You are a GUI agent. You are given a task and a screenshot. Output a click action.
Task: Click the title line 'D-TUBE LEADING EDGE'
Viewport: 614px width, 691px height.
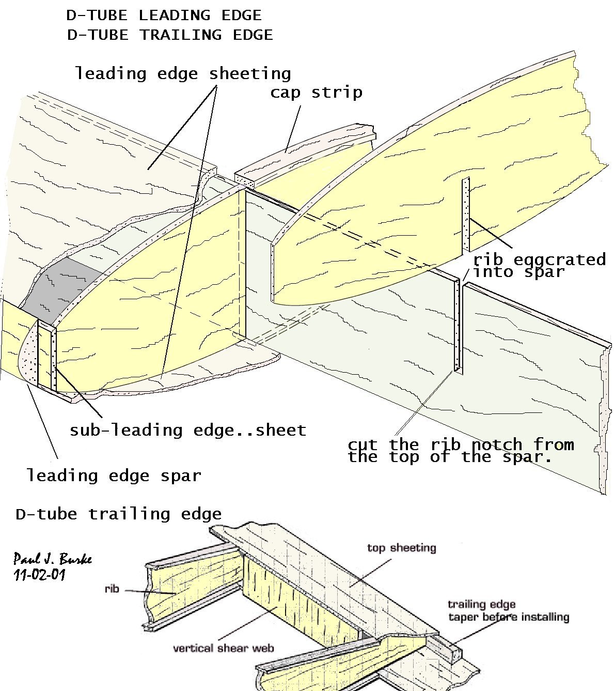click(164, 16)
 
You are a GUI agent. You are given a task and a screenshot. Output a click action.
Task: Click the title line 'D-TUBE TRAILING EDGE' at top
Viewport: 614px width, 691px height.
click(170, 35)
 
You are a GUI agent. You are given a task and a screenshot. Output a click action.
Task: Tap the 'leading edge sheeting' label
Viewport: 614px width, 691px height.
click(183, 73)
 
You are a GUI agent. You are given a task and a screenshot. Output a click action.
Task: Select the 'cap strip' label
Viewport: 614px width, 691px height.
click(316, 93)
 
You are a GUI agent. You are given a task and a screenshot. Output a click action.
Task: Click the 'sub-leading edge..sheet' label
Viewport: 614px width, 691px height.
click(188, 430)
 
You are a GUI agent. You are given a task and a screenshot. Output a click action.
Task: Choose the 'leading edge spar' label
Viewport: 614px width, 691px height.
click(114, 475)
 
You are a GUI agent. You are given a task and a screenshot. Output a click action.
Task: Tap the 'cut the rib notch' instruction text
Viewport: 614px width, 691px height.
click(460, 450)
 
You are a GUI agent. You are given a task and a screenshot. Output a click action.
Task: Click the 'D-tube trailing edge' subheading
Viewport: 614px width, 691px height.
click(119, 514)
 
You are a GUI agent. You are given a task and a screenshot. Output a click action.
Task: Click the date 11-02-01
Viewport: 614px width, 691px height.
click(40, 575)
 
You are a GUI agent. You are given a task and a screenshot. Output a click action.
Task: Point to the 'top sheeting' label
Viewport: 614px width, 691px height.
click(401, 548)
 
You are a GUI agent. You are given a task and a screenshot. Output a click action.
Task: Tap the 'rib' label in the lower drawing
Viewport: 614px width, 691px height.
click(112, 589)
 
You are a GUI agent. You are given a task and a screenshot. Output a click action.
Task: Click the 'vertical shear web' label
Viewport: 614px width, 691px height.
click(223, 648)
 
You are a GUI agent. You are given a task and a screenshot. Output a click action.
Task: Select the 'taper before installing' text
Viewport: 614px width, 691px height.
click(508, 617)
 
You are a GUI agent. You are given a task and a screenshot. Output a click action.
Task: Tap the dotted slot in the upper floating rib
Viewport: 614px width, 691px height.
click(466, 214)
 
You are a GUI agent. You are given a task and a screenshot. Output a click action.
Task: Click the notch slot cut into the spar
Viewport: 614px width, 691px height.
click(458, 326)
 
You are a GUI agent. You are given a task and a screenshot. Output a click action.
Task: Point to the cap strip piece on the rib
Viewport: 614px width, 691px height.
click(305, 150)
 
